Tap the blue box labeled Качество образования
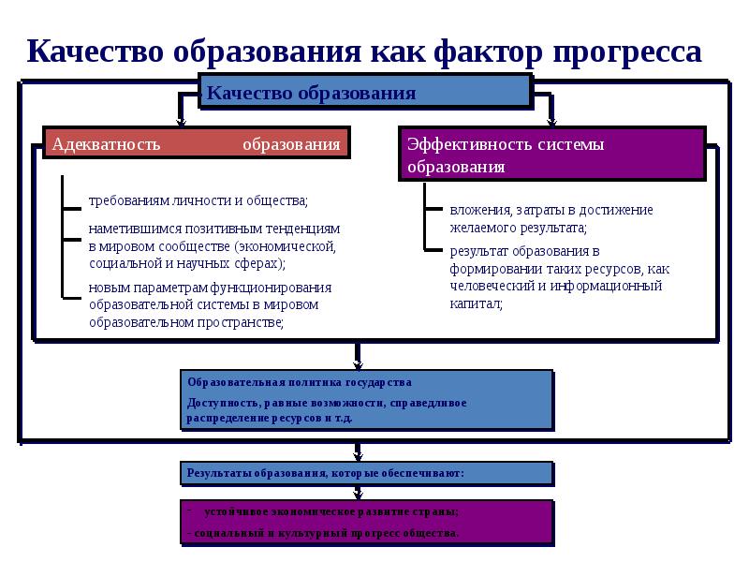click(x=365, y=93)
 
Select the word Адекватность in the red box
click(x=107, y=144)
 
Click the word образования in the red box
click(x=291, y=144)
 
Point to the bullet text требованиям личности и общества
click(x=198, y=200)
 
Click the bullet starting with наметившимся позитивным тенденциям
click(x=213, y=245)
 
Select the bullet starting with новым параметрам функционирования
click(x=211, y=304)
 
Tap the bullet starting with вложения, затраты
click(x=551, y=218)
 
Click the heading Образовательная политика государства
click(x=299, y=383)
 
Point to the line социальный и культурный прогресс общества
click(x=324, y=533)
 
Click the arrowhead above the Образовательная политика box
click(x=357, y=364)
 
